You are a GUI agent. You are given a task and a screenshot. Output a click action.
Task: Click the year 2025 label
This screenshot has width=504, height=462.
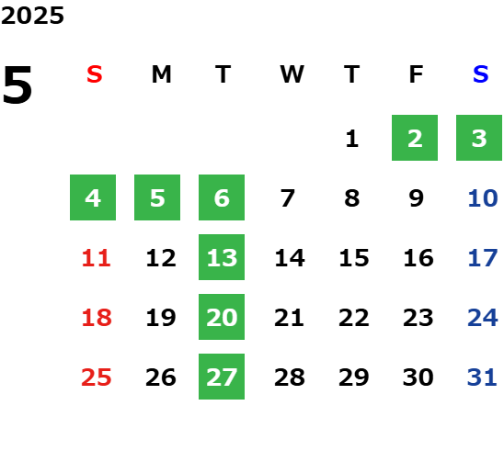click(x=32, y=16)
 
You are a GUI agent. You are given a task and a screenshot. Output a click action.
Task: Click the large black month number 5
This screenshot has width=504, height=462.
click(x=17, y=85)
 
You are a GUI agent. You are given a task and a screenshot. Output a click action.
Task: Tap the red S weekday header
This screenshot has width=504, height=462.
click(x=95, y=74)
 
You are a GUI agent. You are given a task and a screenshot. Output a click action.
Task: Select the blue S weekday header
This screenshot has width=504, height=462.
click(x=480, y=74)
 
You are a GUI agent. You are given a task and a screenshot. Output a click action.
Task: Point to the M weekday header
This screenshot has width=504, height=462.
click(x=161, y=74)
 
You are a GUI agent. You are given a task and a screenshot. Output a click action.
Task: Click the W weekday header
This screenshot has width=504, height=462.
click(x=292, y=74)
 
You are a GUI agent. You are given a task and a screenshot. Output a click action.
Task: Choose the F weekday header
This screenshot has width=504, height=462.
click(x=416, y=74)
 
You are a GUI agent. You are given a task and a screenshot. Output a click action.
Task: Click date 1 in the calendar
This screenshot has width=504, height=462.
click(x=352, y=139)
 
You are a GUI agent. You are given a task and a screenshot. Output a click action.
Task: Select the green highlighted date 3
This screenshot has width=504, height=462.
click(x=479, y=138)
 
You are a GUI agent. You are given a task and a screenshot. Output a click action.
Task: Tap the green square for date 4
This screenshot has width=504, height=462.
click(x=93, y=197)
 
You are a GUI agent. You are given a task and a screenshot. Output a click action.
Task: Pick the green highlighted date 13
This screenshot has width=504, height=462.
click(x=222, y=257)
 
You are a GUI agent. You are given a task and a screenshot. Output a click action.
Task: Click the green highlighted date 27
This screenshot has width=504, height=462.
click(x=222, y=377)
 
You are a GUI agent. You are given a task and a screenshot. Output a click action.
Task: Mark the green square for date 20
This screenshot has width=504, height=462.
click(x=222, y=317)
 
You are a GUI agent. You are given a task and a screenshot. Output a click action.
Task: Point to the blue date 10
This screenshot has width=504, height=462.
click(x=483, y=198)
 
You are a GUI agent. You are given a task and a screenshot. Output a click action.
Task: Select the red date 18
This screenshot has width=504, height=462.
click(x=97, y=318)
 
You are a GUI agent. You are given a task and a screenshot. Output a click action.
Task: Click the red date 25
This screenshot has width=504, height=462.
click(x=97, y=377)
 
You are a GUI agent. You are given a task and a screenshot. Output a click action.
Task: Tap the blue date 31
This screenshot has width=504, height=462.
click(x=482, y=377)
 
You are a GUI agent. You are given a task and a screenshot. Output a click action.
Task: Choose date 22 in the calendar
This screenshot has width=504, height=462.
click(x=354, y=318)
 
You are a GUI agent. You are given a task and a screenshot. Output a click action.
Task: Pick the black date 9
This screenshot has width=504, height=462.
click(x=417, y=198)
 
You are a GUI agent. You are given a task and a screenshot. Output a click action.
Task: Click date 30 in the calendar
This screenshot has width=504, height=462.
click(x=418, y=377)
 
